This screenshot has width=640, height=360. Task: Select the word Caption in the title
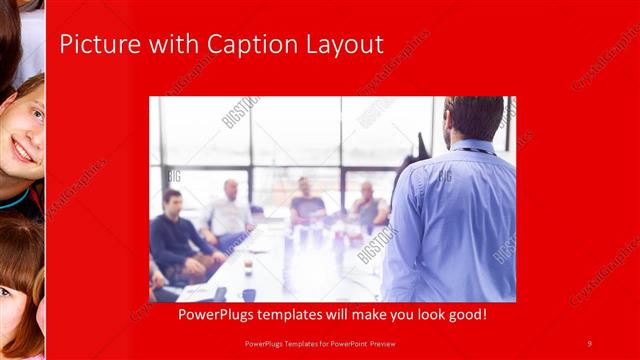(x=247, y=45)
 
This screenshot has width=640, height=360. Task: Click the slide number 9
(x=590, y=344)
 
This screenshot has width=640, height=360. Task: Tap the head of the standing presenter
(x=474, y=118)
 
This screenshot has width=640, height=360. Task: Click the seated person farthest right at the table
(x=370, y=205)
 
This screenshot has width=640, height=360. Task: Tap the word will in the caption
(x=330, y=315)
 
